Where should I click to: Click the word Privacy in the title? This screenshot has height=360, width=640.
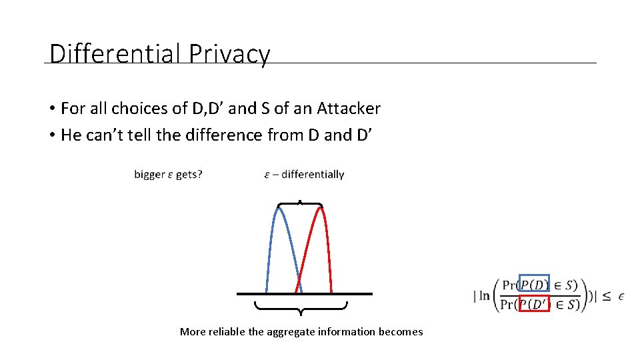229,53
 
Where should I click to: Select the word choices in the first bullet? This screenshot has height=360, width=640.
140,108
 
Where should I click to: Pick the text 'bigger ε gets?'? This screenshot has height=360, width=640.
168,175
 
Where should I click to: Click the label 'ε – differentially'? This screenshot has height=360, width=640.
304,175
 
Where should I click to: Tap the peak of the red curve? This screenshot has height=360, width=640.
321,208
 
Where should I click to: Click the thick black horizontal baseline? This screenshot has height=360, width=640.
304,293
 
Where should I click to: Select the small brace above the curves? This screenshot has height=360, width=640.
300,203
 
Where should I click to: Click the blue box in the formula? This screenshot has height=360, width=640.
534,285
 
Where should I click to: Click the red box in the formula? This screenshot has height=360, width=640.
534,304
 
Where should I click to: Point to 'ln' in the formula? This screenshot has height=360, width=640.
483,295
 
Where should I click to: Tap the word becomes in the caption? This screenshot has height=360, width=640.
401,332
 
